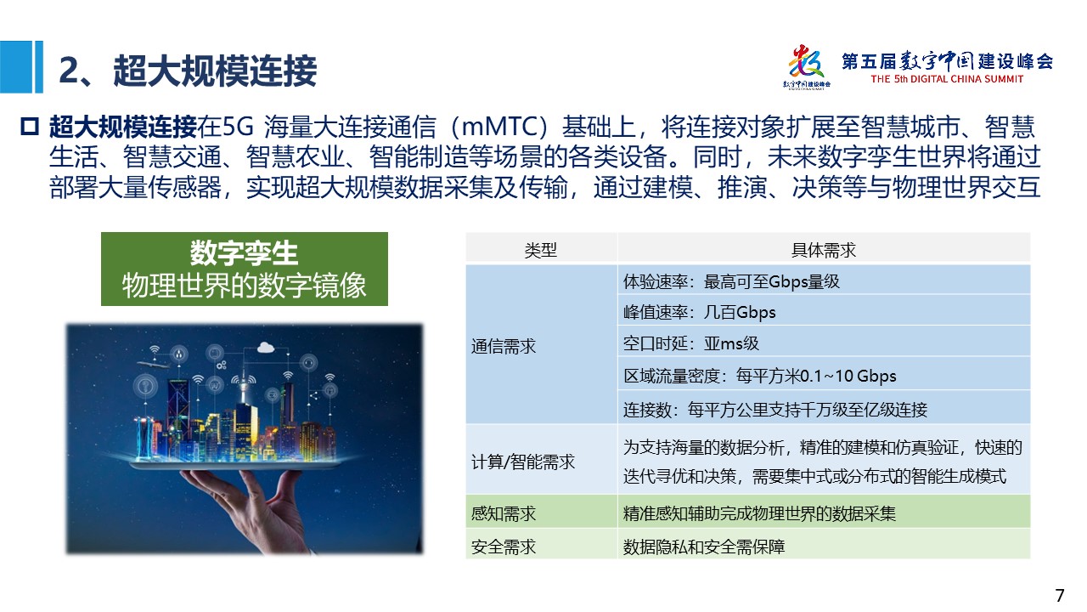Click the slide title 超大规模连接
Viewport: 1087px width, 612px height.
(215, 71)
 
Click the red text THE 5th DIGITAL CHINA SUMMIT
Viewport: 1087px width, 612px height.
(947, 79)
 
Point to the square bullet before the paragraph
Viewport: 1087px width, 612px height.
(29, 127)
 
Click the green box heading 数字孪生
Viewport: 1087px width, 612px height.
(244, 252)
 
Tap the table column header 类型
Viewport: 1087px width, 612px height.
(541, 250)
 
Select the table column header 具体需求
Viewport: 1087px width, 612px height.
(824, 250)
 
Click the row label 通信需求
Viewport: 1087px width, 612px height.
(504, 346)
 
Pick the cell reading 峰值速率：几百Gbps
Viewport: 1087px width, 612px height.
(699, 312)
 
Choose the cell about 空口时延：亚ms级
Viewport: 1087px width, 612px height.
(691, 344)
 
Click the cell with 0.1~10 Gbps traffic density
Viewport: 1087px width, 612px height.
(759, 376)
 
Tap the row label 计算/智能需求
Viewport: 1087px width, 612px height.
(522, 462)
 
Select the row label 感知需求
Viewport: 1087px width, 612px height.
(504, 513)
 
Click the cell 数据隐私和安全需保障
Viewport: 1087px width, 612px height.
(704, 547)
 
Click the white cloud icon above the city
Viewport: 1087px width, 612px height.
(266, 348)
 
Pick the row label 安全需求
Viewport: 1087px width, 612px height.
(504, 547)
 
